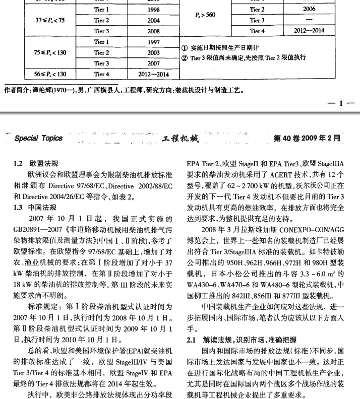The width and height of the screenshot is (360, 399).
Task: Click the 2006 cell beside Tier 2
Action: [x=309, y=10]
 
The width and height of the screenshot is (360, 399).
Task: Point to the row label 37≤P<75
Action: [x=50, y=20]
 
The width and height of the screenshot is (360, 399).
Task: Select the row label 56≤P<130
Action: [x=50, y=74]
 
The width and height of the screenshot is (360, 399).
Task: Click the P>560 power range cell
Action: [x=204, y=15]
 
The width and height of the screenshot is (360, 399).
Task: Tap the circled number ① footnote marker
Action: [x=185, y=48]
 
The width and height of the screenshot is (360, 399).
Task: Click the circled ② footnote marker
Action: [x=185, y=57]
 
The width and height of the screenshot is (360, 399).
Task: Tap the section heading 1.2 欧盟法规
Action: [x=36, y=164]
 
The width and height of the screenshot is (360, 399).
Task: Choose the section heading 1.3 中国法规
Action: [x=36, y=207]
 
